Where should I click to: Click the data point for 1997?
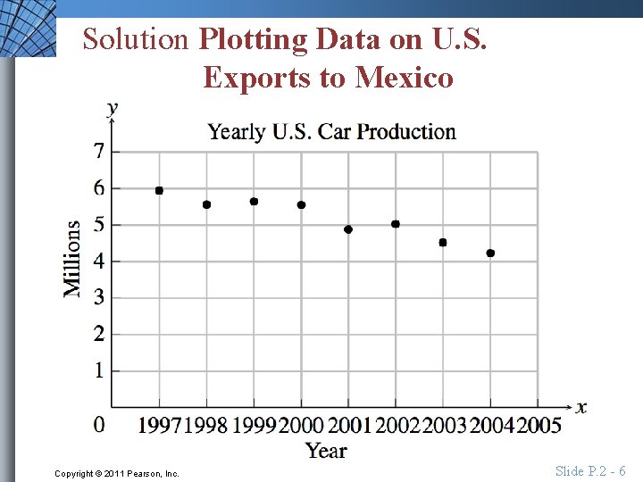point(159,190)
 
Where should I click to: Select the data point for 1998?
point(206,204)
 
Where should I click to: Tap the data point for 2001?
point(348,229)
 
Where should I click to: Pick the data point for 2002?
point(396,224)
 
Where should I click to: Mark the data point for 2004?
point(490,253)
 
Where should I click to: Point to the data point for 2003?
point(443,243)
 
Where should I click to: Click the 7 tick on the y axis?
point(99,151)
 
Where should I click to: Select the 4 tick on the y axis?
point(99,261)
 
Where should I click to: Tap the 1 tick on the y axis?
point(99,370)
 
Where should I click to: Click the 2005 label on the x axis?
point(539,425)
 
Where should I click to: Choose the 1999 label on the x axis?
point(255,425)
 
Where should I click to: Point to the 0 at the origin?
point(99,424)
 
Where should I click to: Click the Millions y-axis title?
point(72,259)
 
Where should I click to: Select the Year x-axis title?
point(326,451)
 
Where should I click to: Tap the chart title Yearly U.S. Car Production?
point(331,132)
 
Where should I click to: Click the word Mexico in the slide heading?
point(405,78)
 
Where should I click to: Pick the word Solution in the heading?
point(136,39)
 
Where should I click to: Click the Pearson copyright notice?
point(116,473)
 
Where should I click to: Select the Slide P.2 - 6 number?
point(590,471)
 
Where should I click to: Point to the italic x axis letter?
point(581,407)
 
